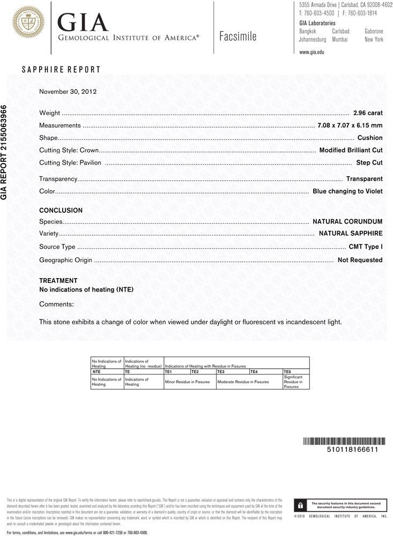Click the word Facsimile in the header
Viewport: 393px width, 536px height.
[238, 37]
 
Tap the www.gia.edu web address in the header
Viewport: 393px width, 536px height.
[312, 52]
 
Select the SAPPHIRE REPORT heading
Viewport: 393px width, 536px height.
[61, 70]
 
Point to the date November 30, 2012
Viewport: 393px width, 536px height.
[68, 92]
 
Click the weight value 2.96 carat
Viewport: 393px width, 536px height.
[368, 113]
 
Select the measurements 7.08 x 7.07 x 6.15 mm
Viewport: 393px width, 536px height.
[350, 125]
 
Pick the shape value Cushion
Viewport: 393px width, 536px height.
[370, 138]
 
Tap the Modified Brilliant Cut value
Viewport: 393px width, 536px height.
[351, 151]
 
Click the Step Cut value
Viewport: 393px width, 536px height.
[369, 163]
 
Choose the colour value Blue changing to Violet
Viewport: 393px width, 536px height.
[347, 191]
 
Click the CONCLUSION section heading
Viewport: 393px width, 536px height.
[61, 211]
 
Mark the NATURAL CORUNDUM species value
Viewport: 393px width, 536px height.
[347, 221]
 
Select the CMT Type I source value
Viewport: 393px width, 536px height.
[366, 247]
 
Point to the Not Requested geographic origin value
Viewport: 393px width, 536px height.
[360, 260]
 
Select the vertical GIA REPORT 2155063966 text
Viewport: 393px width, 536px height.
[5, 151]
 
